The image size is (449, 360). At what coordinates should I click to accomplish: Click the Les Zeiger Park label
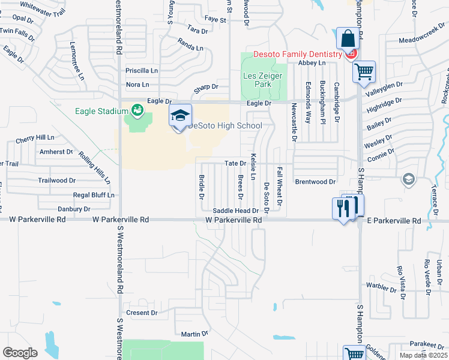[x=258, y=80]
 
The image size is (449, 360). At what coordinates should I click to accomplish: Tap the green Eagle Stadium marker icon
[x=137, y=110]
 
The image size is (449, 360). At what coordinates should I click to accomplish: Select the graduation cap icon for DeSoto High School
[x=180, y=115]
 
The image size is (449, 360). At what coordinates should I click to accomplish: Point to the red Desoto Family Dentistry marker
[x=352, y=54]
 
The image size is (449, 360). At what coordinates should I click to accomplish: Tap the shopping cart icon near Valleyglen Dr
[x=364, y=72]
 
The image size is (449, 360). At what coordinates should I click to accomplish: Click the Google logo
[x=20, y=352]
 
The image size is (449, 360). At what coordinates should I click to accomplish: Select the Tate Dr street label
[x=235, y=163]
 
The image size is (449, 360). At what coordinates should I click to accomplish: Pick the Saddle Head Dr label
[x=235, y=211]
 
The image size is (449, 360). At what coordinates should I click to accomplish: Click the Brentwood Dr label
[x=315, y=181]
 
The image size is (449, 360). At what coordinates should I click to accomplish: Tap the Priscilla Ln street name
[x=141, y=70]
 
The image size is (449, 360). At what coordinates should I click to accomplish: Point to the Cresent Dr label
[x=142, y=313]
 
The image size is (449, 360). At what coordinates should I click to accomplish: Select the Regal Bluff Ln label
[x=93, y=195]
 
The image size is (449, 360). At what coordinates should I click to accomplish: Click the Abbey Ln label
[x=312, y=62]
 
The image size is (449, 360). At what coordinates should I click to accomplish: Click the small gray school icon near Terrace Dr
[x=408, y=179]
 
